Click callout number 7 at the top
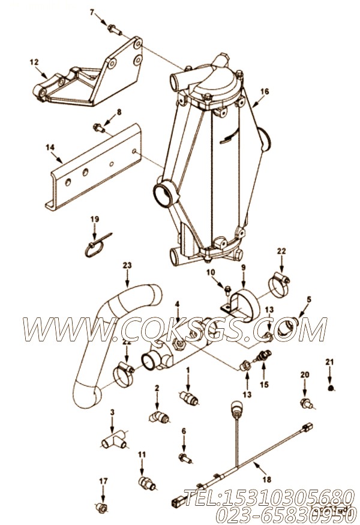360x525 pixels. (x=92, y=11)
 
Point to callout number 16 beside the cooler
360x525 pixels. (x=265, y=92)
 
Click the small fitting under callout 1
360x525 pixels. (x=190, y=397)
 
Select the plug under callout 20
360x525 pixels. (x=306, y=404)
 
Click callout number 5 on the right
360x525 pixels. (x=309, y=298)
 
